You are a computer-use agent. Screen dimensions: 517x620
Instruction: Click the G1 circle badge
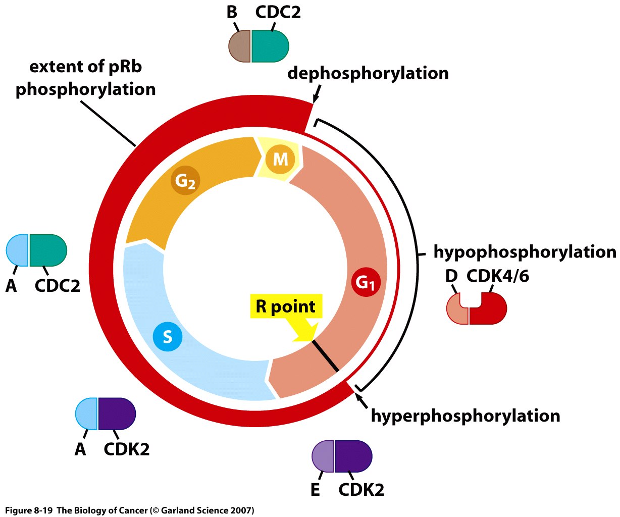[365, 282]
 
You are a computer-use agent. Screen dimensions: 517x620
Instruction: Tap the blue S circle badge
[167, 336]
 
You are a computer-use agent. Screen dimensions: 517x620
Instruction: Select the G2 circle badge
[185, 181]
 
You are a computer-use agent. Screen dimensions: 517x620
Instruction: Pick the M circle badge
[280, 160]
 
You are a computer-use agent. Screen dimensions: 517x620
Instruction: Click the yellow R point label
[286, 306]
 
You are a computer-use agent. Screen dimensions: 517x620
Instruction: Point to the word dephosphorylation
[368, 73]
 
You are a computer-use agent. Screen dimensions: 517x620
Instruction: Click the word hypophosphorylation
[525, 252]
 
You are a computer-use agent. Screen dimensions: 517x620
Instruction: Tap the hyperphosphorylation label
[466, 416]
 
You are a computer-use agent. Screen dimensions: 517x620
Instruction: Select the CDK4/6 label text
[497, 277]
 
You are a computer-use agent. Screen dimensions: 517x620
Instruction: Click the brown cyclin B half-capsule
[240, 46]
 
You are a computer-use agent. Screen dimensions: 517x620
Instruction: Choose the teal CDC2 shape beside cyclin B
[270, 46]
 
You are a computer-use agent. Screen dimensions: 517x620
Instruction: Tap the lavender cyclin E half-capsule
[323, 456]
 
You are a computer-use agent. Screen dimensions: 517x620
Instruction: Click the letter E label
[315, 490]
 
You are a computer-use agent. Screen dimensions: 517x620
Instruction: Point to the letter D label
[451, 277]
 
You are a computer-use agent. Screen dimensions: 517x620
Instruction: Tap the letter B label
[232, 13]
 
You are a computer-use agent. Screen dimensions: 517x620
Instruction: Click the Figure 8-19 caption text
[129, 510]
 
